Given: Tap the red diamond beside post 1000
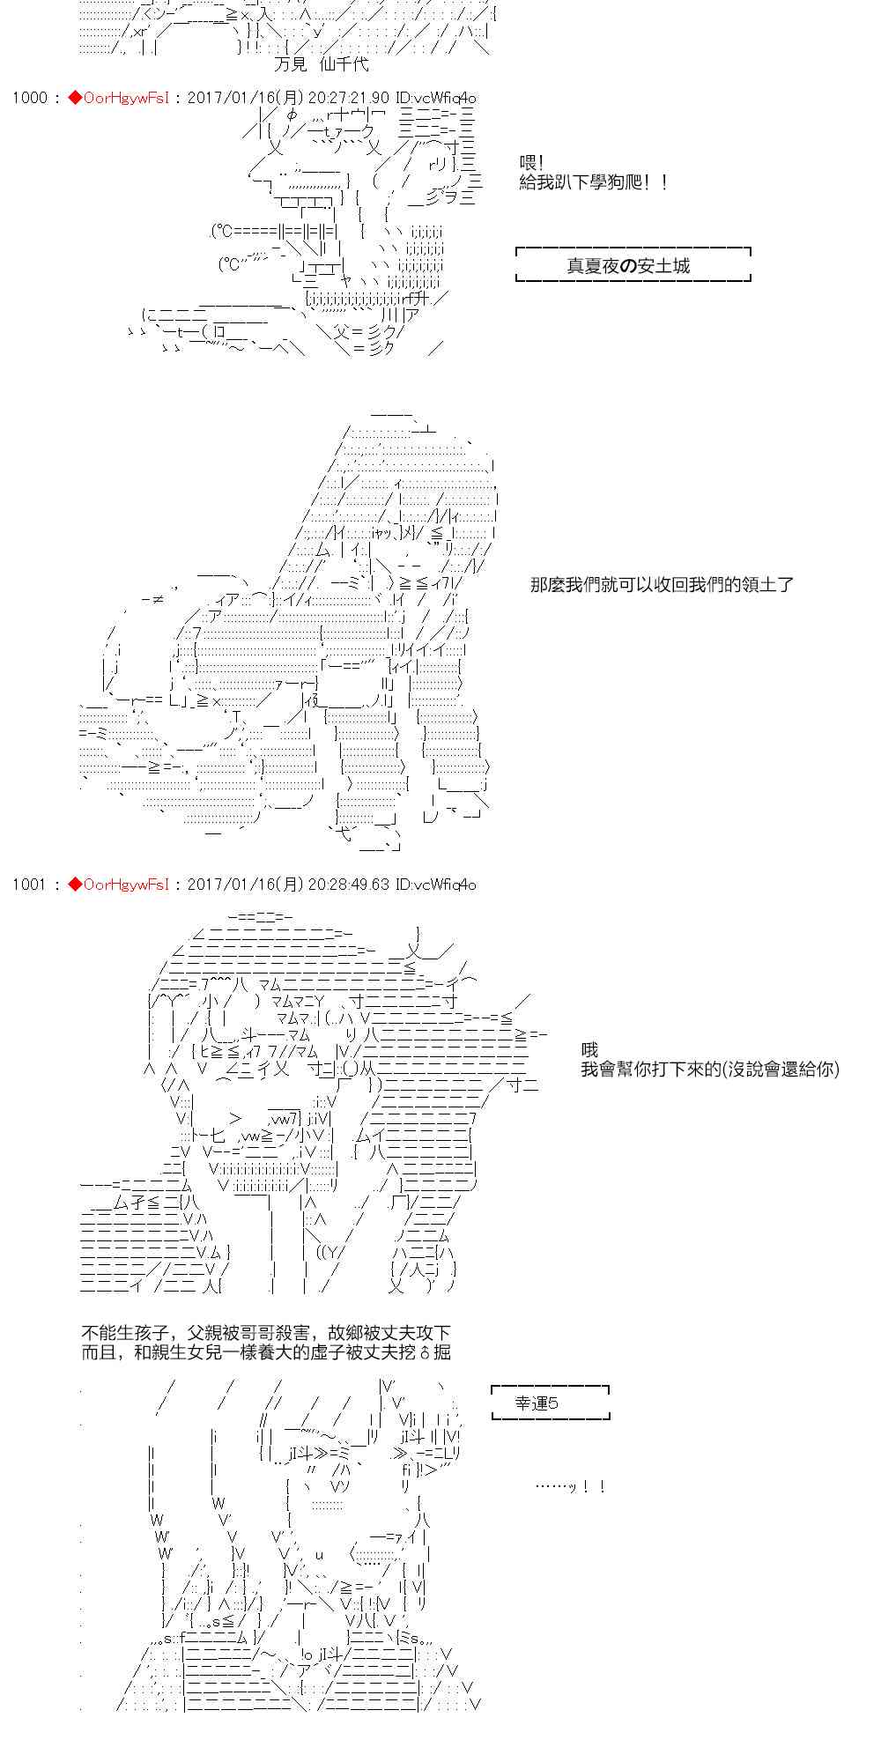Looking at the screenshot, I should [x=74, y=98].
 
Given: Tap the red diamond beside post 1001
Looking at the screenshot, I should [x=74, y=884].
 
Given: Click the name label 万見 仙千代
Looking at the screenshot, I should [x=322, y=64].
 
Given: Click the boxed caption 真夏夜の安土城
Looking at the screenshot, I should [x=628, y=265].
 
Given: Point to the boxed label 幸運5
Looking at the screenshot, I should [x=537, y=1403].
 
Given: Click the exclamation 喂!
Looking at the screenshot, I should [x=532, y=164].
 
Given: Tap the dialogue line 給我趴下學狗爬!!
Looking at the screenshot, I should [x=594, y=183].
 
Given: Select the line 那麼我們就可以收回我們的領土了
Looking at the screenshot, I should [x=662, y=584].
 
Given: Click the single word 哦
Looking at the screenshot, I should [x=589, y=1049].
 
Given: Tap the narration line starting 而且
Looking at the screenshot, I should [x=265, y=1352].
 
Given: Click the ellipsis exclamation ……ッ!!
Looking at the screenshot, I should [x=570, y=1487].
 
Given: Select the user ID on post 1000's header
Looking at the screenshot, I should [x=436, y=98].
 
